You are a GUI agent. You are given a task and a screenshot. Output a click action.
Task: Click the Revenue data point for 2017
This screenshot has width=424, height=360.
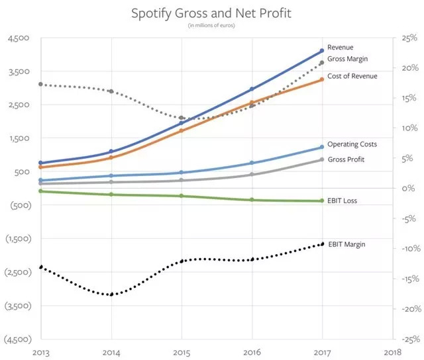point(322,50)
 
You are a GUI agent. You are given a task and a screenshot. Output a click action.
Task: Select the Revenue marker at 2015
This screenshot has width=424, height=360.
point(182,123)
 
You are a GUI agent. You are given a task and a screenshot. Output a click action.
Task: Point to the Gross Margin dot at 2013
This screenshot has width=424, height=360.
point(41,84)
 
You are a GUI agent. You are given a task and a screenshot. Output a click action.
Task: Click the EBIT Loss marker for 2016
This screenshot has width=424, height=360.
point(252,200)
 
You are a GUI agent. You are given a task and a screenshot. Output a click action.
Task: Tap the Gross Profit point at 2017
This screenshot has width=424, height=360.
point(322,159)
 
